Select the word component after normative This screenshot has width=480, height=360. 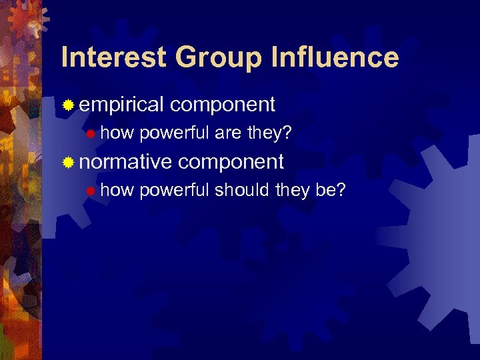[231, 162]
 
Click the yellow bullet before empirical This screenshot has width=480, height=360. [68, 105]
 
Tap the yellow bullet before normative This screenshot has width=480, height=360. [68, 162]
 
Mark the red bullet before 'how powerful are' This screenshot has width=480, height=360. [91, 134]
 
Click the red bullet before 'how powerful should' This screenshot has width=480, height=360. [91, 191]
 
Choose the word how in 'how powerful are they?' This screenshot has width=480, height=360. [117, 133]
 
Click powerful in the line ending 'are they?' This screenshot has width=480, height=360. [175, 134]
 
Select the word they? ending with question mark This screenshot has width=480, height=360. [269, 134]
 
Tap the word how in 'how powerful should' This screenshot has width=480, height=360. [117, 191]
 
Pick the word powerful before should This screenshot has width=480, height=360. [175, 191]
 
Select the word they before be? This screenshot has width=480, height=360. [292, 191]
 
